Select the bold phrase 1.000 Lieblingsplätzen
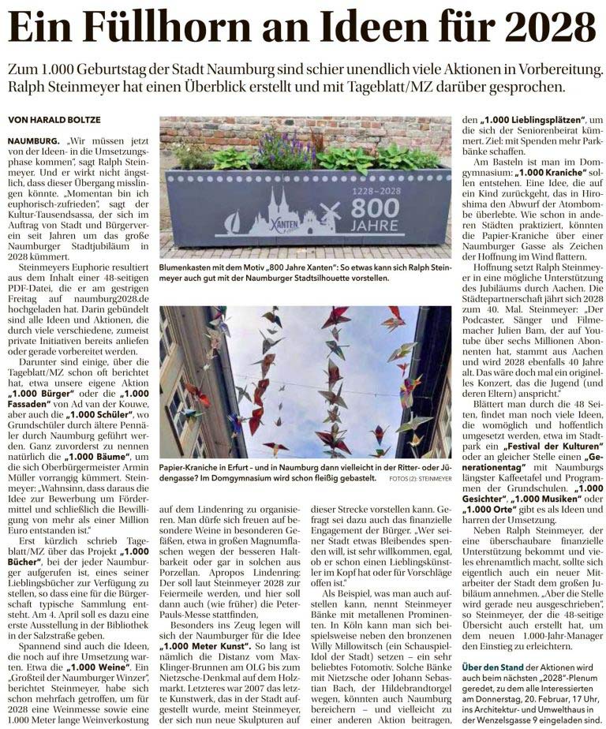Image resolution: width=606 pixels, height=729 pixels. click(524, 119)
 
